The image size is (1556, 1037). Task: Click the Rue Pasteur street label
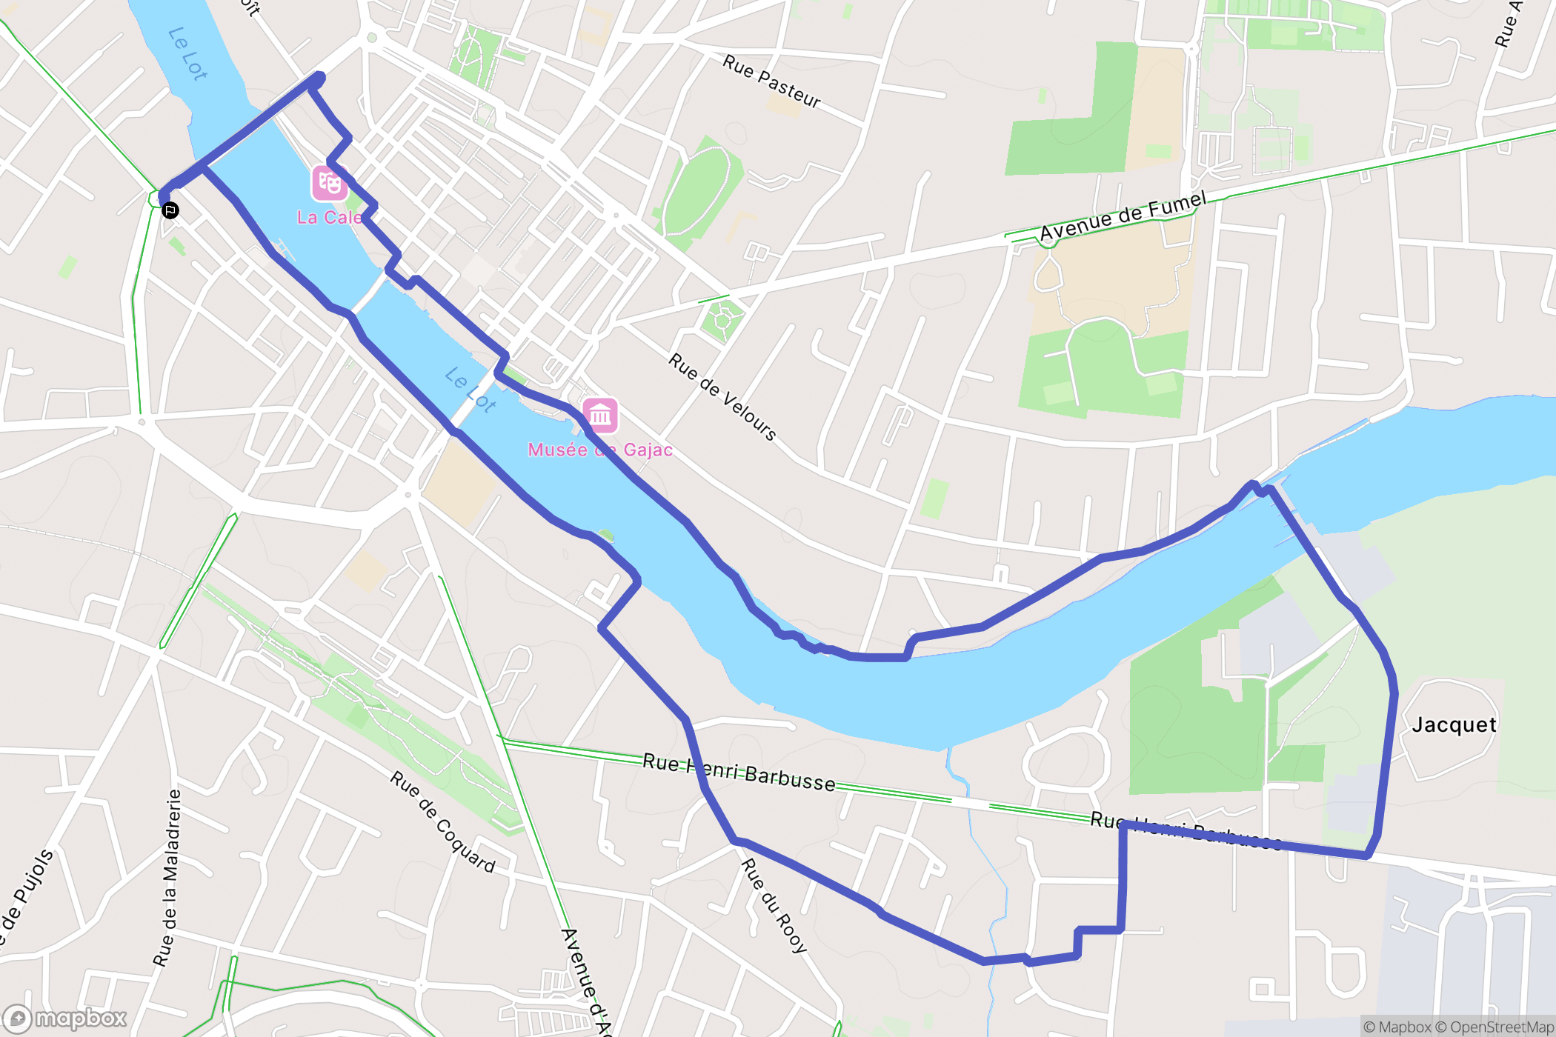(x=771, y=81)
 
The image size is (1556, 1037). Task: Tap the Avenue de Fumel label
(x=1123, y=216)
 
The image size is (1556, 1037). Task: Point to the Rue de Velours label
(x=722, y=397)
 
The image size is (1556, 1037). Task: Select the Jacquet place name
(x=1454, y=724)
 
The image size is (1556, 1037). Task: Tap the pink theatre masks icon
(x=329, y=183)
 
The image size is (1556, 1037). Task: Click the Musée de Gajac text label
(x=600, y=450)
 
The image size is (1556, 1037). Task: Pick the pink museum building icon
(x=600, y=415)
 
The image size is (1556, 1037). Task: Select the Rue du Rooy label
(x=774, y=905)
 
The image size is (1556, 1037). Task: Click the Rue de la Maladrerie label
(x=167, y=878)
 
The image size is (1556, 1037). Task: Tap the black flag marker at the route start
(x=170, y=211)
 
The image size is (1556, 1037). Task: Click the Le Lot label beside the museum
(x=471, y=390)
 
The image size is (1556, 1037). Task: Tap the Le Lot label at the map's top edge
(x=187, y=53)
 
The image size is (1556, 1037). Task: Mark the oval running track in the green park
(x=699, y=189)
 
